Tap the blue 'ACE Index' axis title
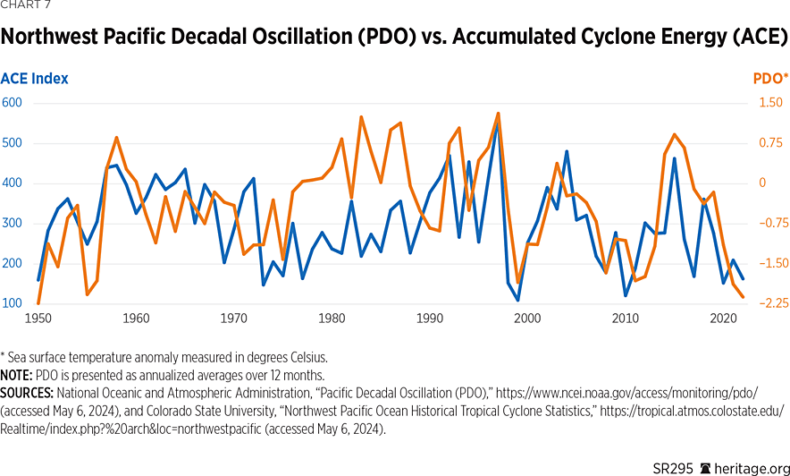click(35, 79)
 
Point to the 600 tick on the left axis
click(12, 103)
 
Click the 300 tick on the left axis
click(12, 224)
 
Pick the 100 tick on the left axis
click(12, 303)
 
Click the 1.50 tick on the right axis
click(769, 103)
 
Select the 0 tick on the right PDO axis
click(763, 183)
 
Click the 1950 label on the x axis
click(38, 318)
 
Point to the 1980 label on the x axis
click(332, 318)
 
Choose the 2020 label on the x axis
click(723, 318)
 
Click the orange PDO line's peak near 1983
click(361, 116)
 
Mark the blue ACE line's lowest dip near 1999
click(517, 300)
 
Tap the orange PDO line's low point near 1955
click(87, 294)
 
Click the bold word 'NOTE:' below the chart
click(18, 375)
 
